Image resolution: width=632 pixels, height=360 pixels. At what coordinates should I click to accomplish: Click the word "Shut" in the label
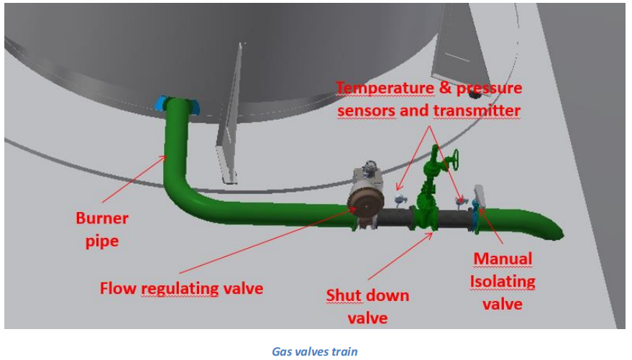click(343, 295)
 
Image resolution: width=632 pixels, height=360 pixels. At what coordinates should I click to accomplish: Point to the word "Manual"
click(502, 259)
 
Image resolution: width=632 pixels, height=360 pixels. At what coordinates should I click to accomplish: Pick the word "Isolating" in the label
click(503, 281)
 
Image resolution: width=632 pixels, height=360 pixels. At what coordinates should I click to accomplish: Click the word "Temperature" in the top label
click(383, 88)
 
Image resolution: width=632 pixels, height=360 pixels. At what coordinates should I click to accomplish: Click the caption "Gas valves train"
click(316, 351)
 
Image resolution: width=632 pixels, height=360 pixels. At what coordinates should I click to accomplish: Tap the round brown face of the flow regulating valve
click(365, 203)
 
